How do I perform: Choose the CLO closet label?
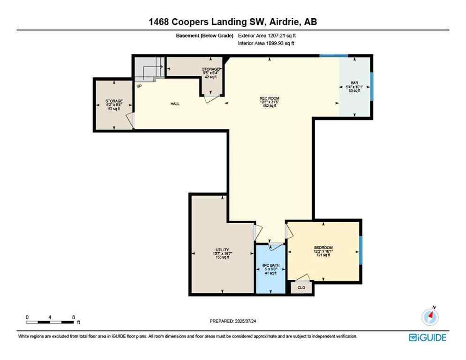pyautogui.click(x=301, y=287)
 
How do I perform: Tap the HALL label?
pyautogui.click(x=175, y=104)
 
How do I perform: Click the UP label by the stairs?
pyautogui.click(x=139, y=86)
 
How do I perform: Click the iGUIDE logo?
pyautogui.click(x=427, y=337)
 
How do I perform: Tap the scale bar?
pyautogui.click(x=50, y=322)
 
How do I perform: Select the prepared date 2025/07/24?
pyautogui.click(x=233, y=321)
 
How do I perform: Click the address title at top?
pyautogui.click(x=233, y=22)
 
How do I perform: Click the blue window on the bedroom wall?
pyautogui.click(x=361, y=250)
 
